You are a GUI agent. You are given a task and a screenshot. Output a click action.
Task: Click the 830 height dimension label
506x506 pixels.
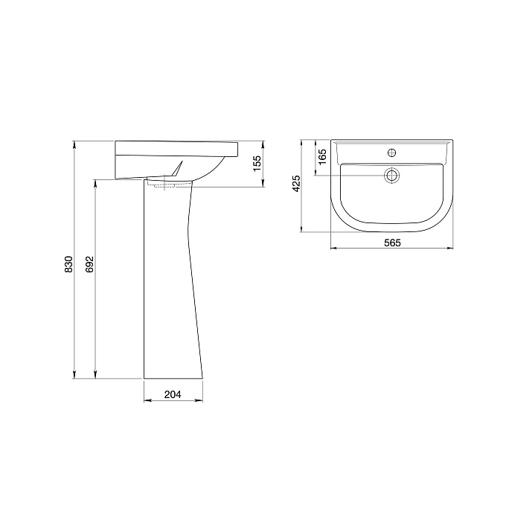pos(68,264)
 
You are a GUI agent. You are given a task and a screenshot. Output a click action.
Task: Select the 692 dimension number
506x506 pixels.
pos(89,264)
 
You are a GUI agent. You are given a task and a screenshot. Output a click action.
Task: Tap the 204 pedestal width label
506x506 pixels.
pos(173,394)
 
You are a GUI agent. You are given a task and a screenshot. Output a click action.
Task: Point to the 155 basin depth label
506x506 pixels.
pos(257,164)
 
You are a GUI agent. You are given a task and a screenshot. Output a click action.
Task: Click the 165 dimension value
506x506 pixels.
pos(322,157)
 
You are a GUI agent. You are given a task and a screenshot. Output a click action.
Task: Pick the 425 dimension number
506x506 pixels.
pos(296,184)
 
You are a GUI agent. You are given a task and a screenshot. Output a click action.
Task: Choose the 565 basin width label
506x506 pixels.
pos(392,243)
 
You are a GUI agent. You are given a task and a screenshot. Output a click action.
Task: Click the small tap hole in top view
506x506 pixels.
pos(391,153)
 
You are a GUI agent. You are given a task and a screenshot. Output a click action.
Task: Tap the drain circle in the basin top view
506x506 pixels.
pos(391,176)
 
